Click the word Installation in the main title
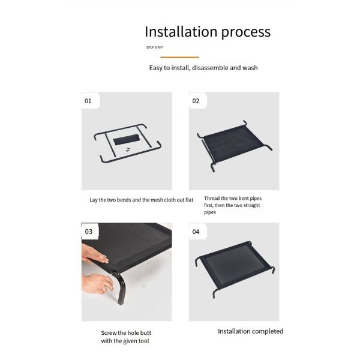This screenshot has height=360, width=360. point(181,31)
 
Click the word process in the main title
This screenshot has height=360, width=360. point(246,32)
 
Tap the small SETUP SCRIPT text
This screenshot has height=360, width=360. point(155,47)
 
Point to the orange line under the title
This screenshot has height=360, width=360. point(180,57)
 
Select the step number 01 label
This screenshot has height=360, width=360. point(88,101)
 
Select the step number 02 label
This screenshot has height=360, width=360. point(196,101)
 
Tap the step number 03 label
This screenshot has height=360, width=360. point(88,232)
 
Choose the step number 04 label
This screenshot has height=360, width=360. point(196,232)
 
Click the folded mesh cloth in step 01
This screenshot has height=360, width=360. point(126,139)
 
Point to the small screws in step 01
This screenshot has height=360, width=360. point(128,149)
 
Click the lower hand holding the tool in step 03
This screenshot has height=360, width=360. point(97,284)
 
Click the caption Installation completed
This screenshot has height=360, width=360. point(250,331)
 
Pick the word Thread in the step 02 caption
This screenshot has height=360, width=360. point(212,198)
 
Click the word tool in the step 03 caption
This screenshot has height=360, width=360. point(144,341)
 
